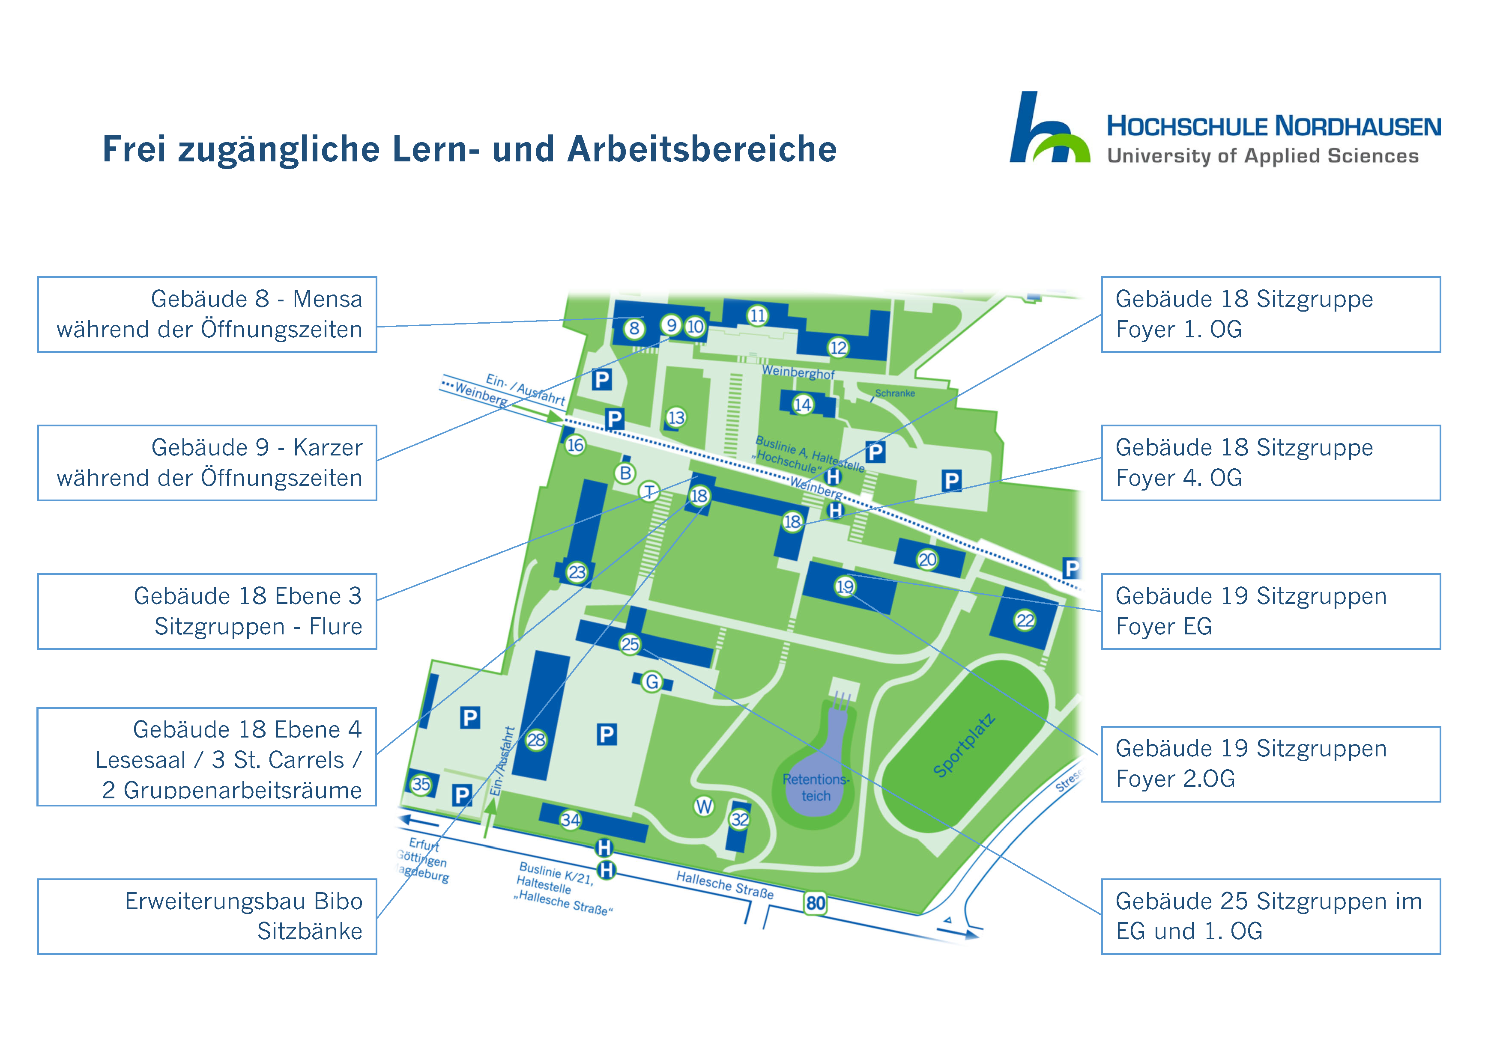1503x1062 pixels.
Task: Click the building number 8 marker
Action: (633, 328)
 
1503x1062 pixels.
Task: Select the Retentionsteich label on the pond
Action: (815, 788)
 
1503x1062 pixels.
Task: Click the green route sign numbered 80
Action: (815, 904)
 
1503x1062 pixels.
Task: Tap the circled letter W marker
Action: (704, 806)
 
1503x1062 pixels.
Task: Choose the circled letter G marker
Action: (651, 682)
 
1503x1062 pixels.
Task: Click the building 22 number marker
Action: (1025, 620)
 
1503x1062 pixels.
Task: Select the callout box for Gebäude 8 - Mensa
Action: (207, 314)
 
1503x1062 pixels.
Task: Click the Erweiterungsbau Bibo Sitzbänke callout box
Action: (207, 916)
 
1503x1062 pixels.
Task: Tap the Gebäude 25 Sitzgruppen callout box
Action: (1270, 916)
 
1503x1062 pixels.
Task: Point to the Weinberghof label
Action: (798, 372)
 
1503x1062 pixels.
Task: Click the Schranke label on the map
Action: (895, 393)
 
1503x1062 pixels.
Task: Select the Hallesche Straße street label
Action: (725, 885)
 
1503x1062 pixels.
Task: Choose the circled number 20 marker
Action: (927, 559)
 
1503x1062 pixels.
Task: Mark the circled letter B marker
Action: (625, 473)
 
